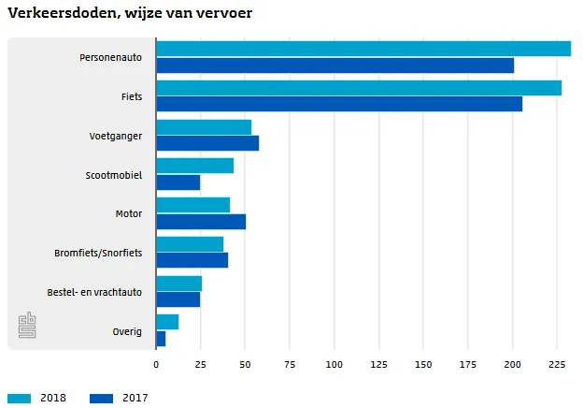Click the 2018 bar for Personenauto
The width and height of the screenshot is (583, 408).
[x=363, y=49]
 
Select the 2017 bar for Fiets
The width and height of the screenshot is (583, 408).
[x=339, y=104]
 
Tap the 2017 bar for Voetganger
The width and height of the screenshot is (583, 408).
[x=207, y=143]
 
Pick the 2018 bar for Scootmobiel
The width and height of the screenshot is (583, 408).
[x=194, y=166]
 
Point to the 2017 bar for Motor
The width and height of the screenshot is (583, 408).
[x=201, y=222]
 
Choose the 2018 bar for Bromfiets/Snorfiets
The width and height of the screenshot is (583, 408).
[x=190, y=244]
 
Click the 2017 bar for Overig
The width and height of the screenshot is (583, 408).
[x=161, y=339]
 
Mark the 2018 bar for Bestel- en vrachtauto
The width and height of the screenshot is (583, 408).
[x=178, y=284]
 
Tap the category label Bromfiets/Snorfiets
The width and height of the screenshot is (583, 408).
[x=98, y=253]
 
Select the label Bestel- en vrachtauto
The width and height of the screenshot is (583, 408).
[x=94, y=292]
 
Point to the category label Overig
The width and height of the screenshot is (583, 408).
[x=126, y=331]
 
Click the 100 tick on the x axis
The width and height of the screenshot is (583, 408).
[x=334, y=364]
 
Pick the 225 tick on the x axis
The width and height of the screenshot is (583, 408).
[x=557, y=364]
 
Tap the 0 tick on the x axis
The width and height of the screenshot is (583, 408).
[x=156, y=364]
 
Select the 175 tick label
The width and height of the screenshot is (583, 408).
[x=468, y=364]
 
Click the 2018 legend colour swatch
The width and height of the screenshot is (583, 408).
[x=19, y=398]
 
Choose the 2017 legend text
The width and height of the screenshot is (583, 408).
[x=135, y=398]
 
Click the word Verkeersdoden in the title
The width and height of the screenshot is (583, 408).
[x=57, y=13]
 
